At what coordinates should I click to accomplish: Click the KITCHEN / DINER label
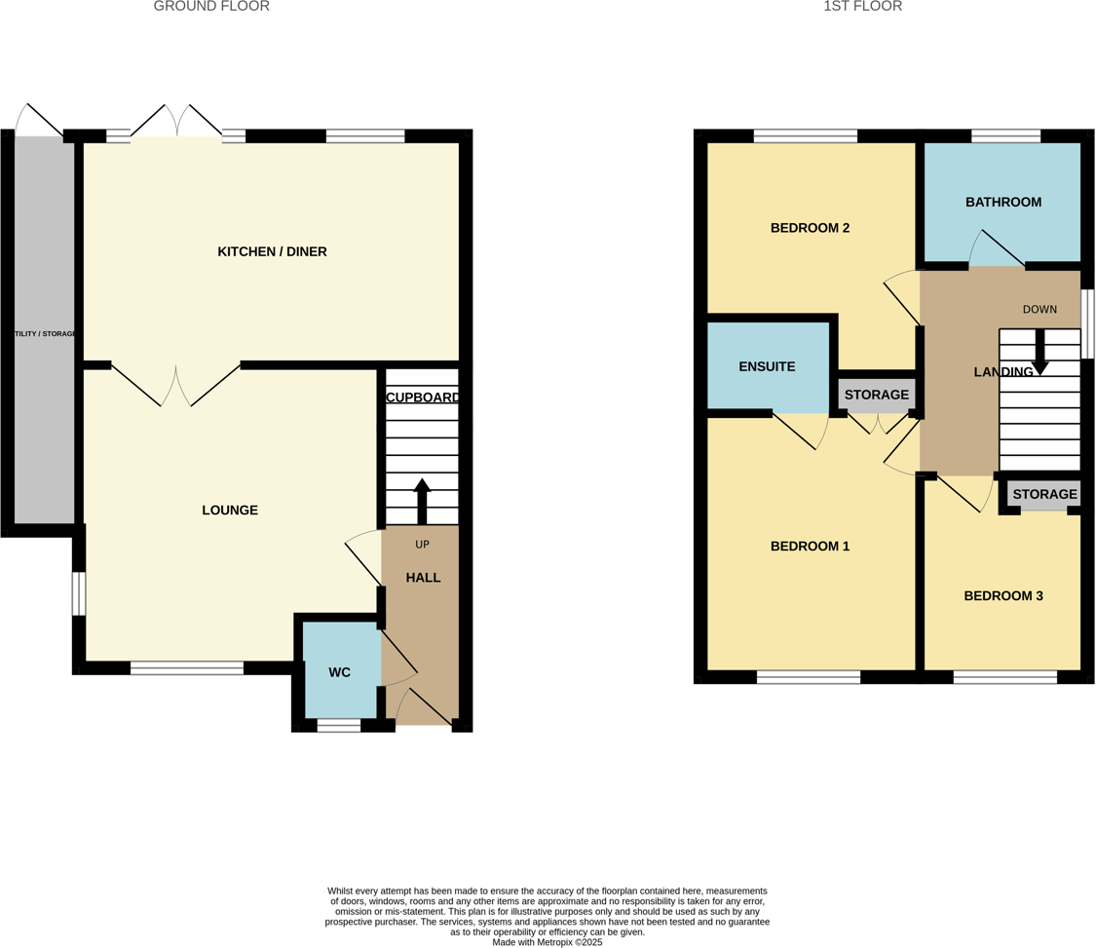click(272, 252)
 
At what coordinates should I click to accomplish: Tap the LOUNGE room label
click(230, 511)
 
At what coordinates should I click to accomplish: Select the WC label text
click(339, 672)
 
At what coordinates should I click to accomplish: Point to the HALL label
click(423, 578)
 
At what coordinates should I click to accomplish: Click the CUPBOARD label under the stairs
click(423, 398)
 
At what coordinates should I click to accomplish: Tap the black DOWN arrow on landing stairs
click(1039, 354)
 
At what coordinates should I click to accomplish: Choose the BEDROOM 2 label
click(810, 228)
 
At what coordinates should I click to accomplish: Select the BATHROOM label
click(1002, 203)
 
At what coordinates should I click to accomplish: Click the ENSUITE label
click(767, 367)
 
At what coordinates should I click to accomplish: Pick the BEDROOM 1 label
click(810, 547)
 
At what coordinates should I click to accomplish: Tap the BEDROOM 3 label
click(1002, 596)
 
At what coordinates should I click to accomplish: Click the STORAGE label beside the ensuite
click(876, 395)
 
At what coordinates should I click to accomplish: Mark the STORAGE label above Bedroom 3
click(1043, 495)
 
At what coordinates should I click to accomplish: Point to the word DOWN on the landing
click(1039, 310)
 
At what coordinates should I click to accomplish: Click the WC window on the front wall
click(339, 725)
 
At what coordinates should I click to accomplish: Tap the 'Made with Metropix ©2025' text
click(548, 942)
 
